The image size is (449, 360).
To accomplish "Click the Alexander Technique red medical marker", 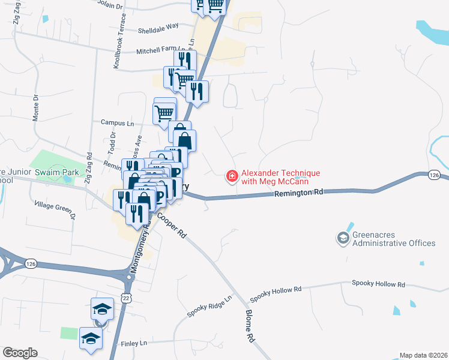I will (231, 176).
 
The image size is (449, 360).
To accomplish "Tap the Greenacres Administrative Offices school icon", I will (343, 239).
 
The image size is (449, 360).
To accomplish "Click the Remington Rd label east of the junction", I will (299, 193).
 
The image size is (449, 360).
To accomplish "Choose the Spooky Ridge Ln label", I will (209, 306).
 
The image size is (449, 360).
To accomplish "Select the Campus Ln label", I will (117, 122).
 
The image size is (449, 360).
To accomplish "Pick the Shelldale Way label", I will (158, 27).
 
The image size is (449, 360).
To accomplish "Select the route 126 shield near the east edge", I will (435, 175).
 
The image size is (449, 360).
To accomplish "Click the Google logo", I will (19, 353).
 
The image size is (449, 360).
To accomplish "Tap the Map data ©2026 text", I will (423, 355).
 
